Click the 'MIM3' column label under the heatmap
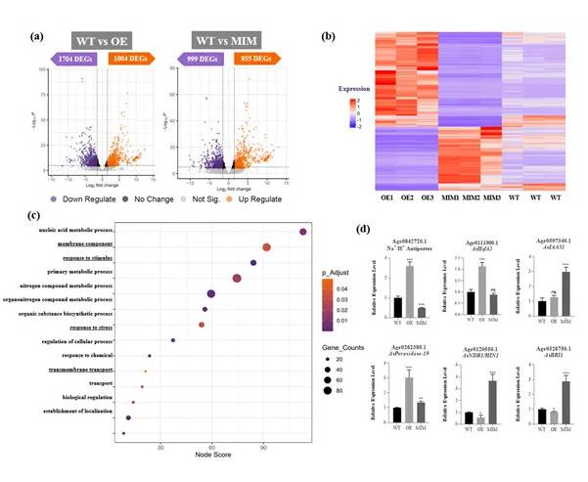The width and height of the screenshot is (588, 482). coord(499,197)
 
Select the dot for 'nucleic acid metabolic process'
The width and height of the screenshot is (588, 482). coord(303,232)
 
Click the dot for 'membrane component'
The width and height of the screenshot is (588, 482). coord(266,247)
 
